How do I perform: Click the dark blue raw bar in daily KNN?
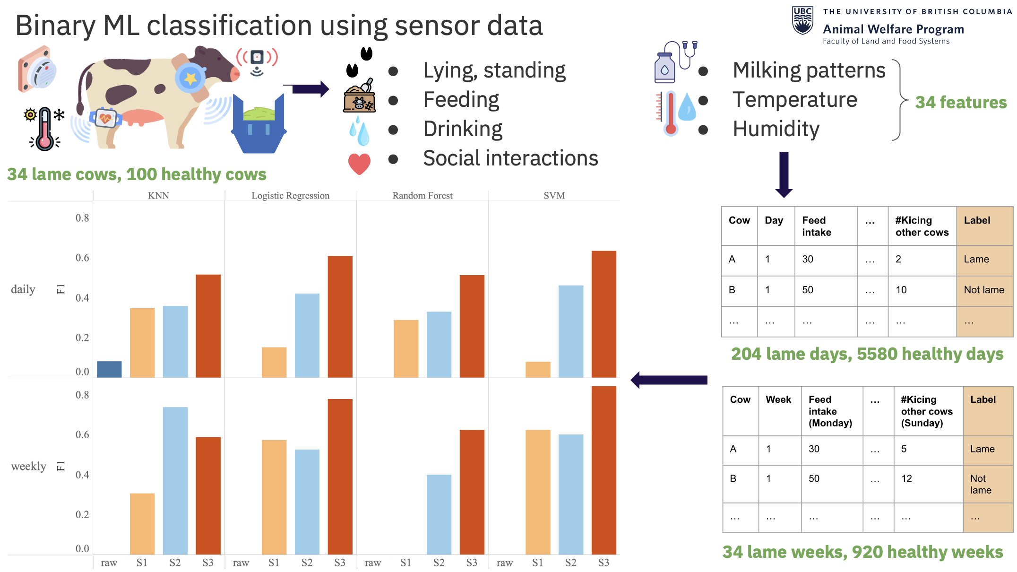coord(109,369)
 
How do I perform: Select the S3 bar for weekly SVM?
coord(603,470)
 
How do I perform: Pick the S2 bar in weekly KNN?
coord(175,480)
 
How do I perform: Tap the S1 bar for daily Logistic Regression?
coord(274,362)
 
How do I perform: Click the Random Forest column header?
coord(422,196)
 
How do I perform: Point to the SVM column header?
coord(554,196)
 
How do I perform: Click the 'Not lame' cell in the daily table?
coord(984,290)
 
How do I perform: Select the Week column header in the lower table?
coord(778,400)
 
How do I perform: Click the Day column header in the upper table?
coord(774,220)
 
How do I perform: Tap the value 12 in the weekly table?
coord(906,478)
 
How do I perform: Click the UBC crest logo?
coord(802,21)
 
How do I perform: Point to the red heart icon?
coord(359,164)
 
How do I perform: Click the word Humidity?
coord(776,129)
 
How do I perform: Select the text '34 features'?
coord(961,102)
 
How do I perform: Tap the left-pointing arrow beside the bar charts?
coord(669,380)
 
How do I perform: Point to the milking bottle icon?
coord(665,66)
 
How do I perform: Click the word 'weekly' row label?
coord(29,466)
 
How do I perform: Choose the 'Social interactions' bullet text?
coord(510,158)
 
